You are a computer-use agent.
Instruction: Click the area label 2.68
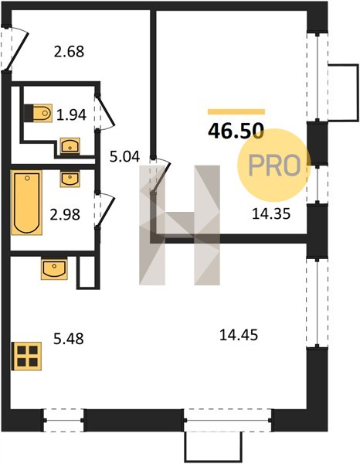click(69, 52)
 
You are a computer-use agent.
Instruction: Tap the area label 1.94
click(71, 114)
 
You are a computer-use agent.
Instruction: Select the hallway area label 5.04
click(124, 156)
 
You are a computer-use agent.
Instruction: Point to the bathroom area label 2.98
click(65, 214)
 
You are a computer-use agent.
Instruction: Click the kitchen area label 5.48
click(69, 339)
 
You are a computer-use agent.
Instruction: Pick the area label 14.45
click(239, 336)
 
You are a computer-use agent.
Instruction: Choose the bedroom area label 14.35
click(271, 213)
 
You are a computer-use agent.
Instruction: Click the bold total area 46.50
click(236, 131)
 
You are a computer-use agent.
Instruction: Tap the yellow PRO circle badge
click(273, 165)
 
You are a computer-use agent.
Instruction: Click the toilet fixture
click(38, 113)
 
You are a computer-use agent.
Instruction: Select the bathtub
click(26, 203)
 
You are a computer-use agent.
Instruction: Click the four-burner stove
click(26, 356)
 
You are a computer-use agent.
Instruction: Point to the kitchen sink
click(54, 269)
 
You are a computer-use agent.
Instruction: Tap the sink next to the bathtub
click(70, 179)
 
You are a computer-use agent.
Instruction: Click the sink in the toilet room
click(70, 146)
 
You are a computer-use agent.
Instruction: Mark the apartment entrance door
click(15, 49)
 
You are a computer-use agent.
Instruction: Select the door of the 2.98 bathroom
click(104, 210)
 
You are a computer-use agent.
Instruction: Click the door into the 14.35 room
click(160, 176)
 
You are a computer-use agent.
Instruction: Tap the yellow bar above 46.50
click(236, 111)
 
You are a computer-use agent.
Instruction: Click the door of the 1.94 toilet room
click(104, 112)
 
